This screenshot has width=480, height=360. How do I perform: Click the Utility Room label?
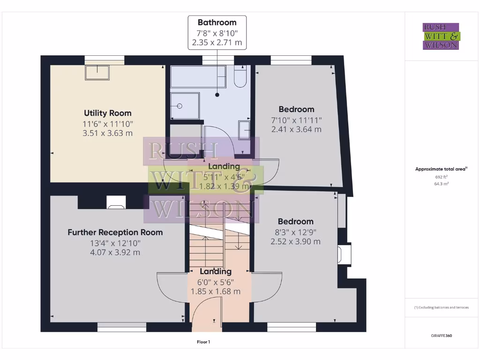tap(107, 113)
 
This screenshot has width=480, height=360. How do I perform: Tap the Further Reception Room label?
tap(115, 232)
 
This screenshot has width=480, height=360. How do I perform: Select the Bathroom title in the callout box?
tap(217, 22)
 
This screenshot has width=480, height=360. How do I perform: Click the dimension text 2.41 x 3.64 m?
tap(296, 129)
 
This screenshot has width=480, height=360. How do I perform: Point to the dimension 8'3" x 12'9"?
tap(295, 232)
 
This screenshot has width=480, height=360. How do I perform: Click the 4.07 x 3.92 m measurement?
tap(115, 253)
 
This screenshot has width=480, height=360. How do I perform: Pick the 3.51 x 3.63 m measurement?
tap(107, 133)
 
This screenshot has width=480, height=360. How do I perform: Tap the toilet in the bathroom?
tap(240, 77)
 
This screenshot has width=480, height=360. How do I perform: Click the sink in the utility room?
tap(97, 73)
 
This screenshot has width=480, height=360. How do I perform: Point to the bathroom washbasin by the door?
tap(245, 130)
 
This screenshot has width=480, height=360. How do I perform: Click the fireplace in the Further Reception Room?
tap(116, 202)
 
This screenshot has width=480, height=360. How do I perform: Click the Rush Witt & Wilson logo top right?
tap(441, 36)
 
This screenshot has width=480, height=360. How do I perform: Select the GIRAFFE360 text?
tap(442, 336)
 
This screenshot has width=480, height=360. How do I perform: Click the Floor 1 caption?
tap(203, 342)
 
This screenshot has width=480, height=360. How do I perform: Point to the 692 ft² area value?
tap(442, 178)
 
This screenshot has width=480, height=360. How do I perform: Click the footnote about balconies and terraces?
tap(441, 307)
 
